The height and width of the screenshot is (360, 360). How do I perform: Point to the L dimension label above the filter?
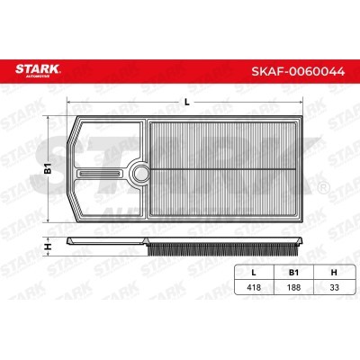click(186, 102)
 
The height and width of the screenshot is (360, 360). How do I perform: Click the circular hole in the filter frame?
click(139, 172)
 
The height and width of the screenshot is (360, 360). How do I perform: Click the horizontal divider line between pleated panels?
click(229, 171)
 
